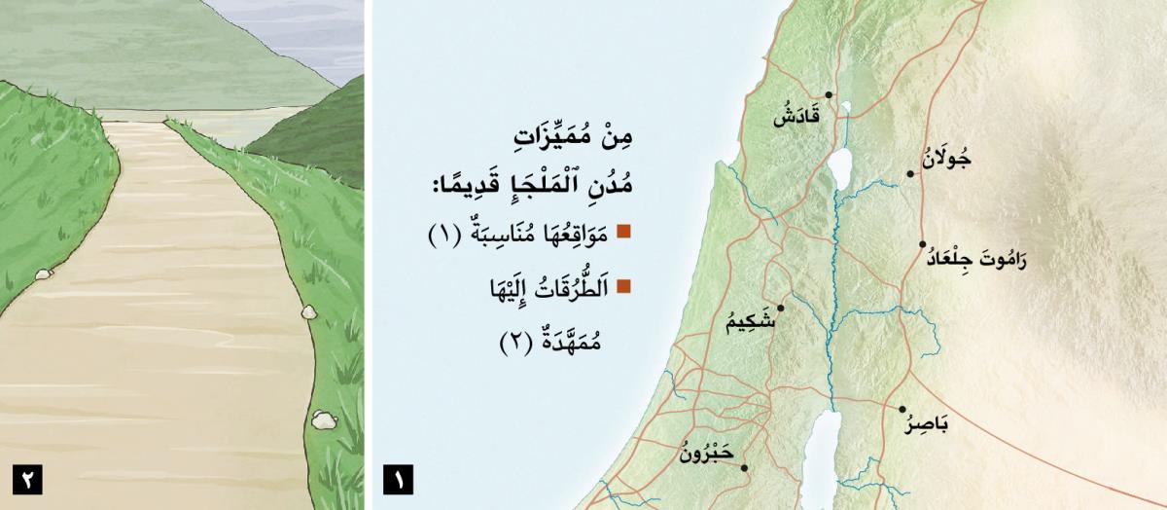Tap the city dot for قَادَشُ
(x=829, y=95)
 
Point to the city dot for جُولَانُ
(x=910, y=174)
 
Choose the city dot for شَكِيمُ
(x=780, y=308)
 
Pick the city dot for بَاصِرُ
(x=902, y=410)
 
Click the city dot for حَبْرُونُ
(x=744, y=468)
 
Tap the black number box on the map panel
(x=399, y=479)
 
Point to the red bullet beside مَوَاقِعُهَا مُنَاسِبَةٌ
(x=624, y=232)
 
